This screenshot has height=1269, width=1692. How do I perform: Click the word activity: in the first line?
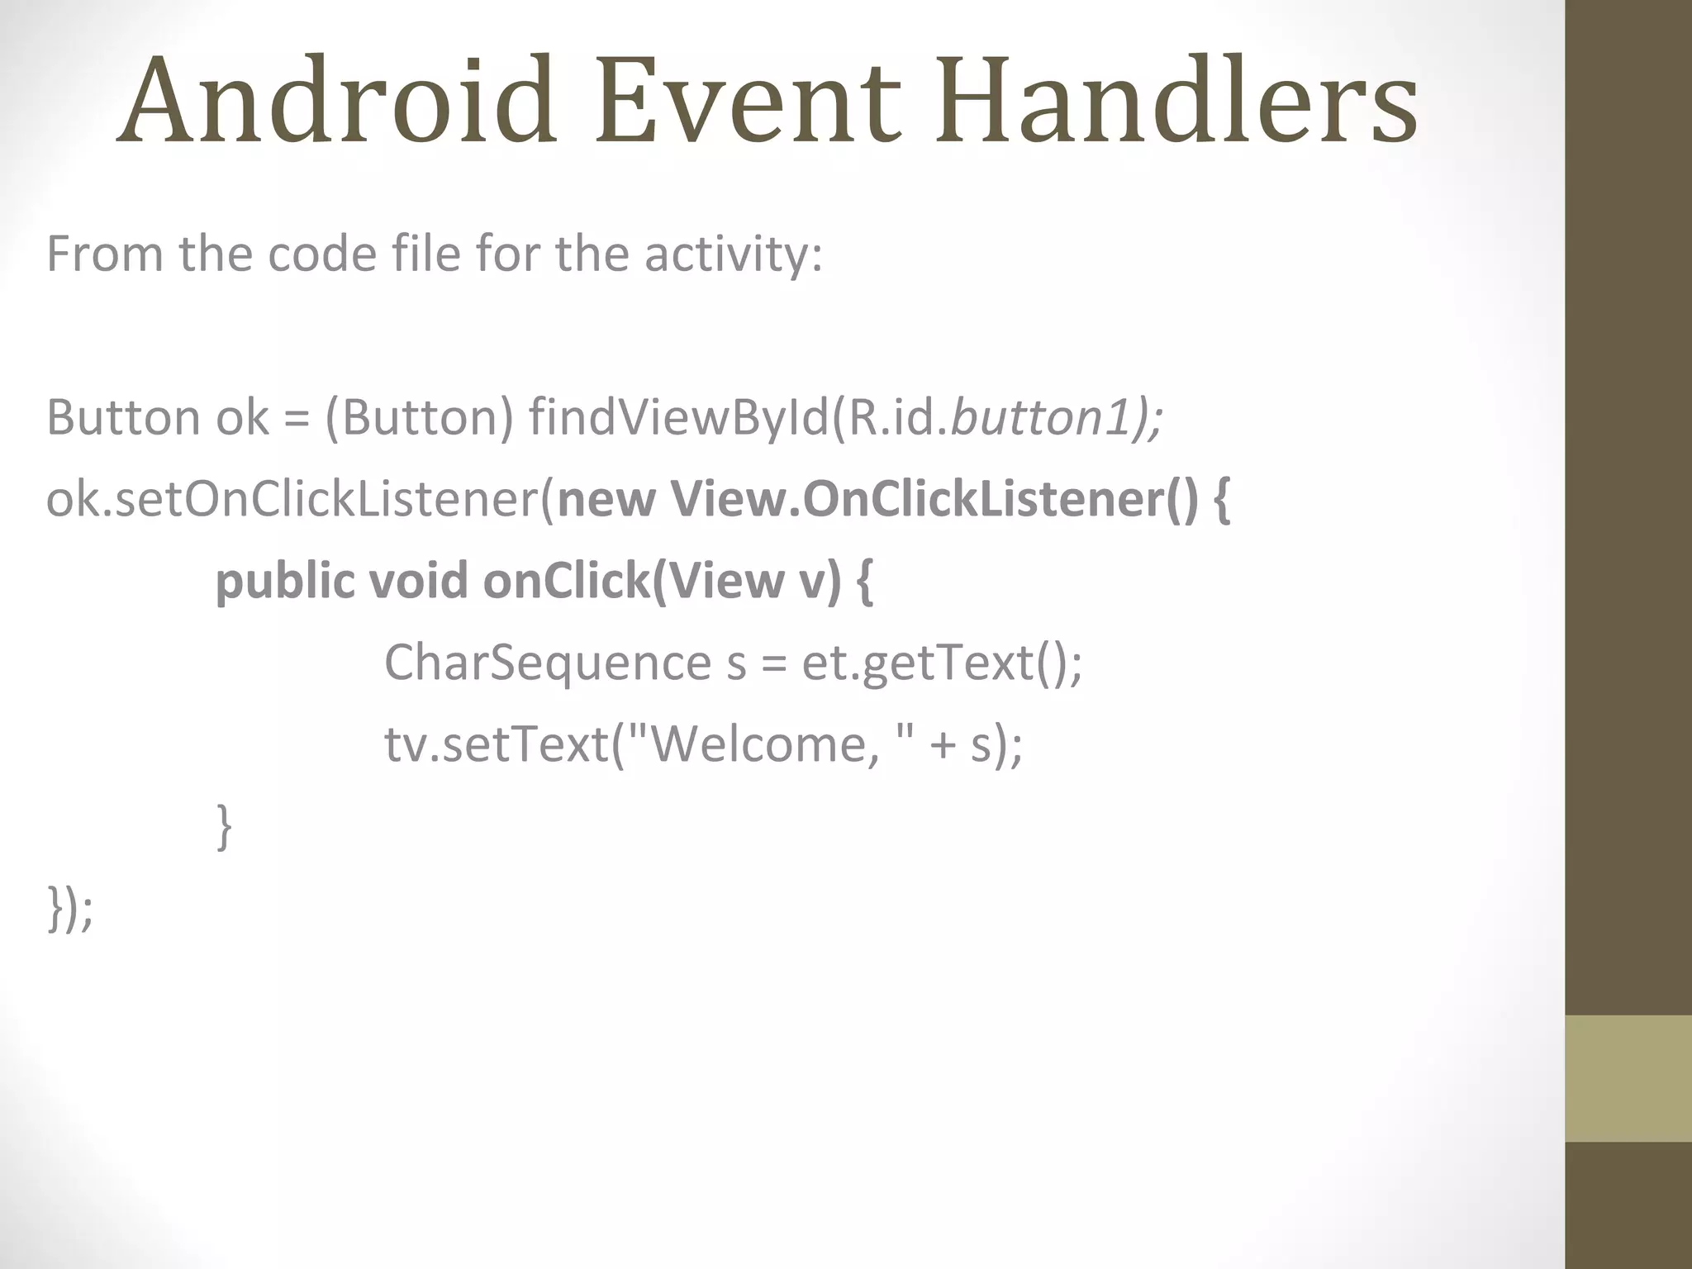point(734,254)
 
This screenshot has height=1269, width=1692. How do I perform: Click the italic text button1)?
point(1057,417)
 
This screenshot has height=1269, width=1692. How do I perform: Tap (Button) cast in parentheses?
point(419,417)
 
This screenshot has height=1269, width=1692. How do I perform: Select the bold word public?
point(284,582)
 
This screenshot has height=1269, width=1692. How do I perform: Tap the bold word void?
point(418,582)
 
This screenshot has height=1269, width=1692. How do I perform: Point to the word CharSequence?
point(547,663)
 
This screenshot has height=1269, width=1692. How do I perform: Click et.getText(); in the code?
point(942,663)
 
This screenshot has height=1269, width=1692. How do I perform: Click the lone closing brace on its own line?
point(223,826)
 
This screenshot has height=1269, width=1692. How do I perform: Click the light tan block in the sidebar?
point(1628,1078)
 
